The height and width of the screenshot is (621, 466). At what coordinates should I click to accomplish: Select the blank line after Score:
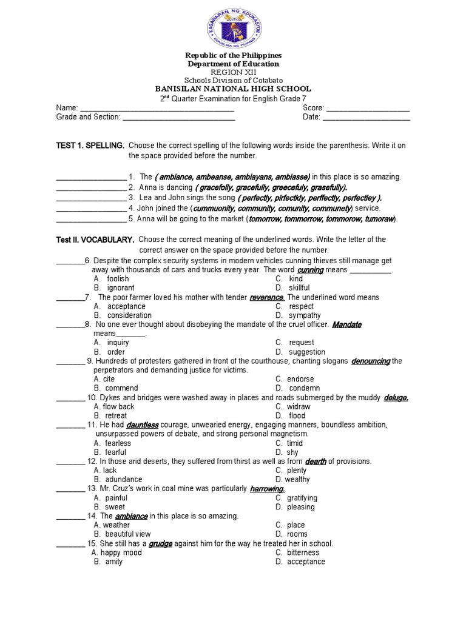tap(368, 109)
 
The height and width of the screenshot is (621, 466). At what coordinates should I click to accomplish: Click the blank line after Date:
tap(366, 118)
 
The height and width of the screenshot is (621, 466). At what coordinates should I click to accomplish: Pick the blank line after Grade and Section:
tap(179, 118)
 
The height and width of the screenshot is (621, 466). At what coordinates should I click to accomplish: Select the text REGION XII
tap(233, 72)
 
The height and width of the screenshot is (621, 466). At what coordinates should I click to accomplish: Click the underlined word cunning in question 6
tap(310, 270)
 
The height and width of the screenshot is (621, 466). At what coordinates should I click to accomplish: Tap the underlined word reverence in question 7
tap(266, 297)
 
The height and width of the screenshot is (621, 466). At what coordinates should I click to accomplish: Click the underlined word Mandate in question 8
tap(347, 324)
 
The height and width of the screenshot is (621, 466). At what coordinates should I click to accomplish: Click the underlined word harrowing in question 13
tap(267, 488)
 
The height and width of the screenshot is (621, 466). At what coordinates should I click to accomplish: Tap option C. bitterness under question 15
tap(298, 552)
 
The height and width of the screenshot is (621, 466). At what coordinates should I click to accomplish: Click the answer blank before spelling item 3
tap(90, 198)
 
